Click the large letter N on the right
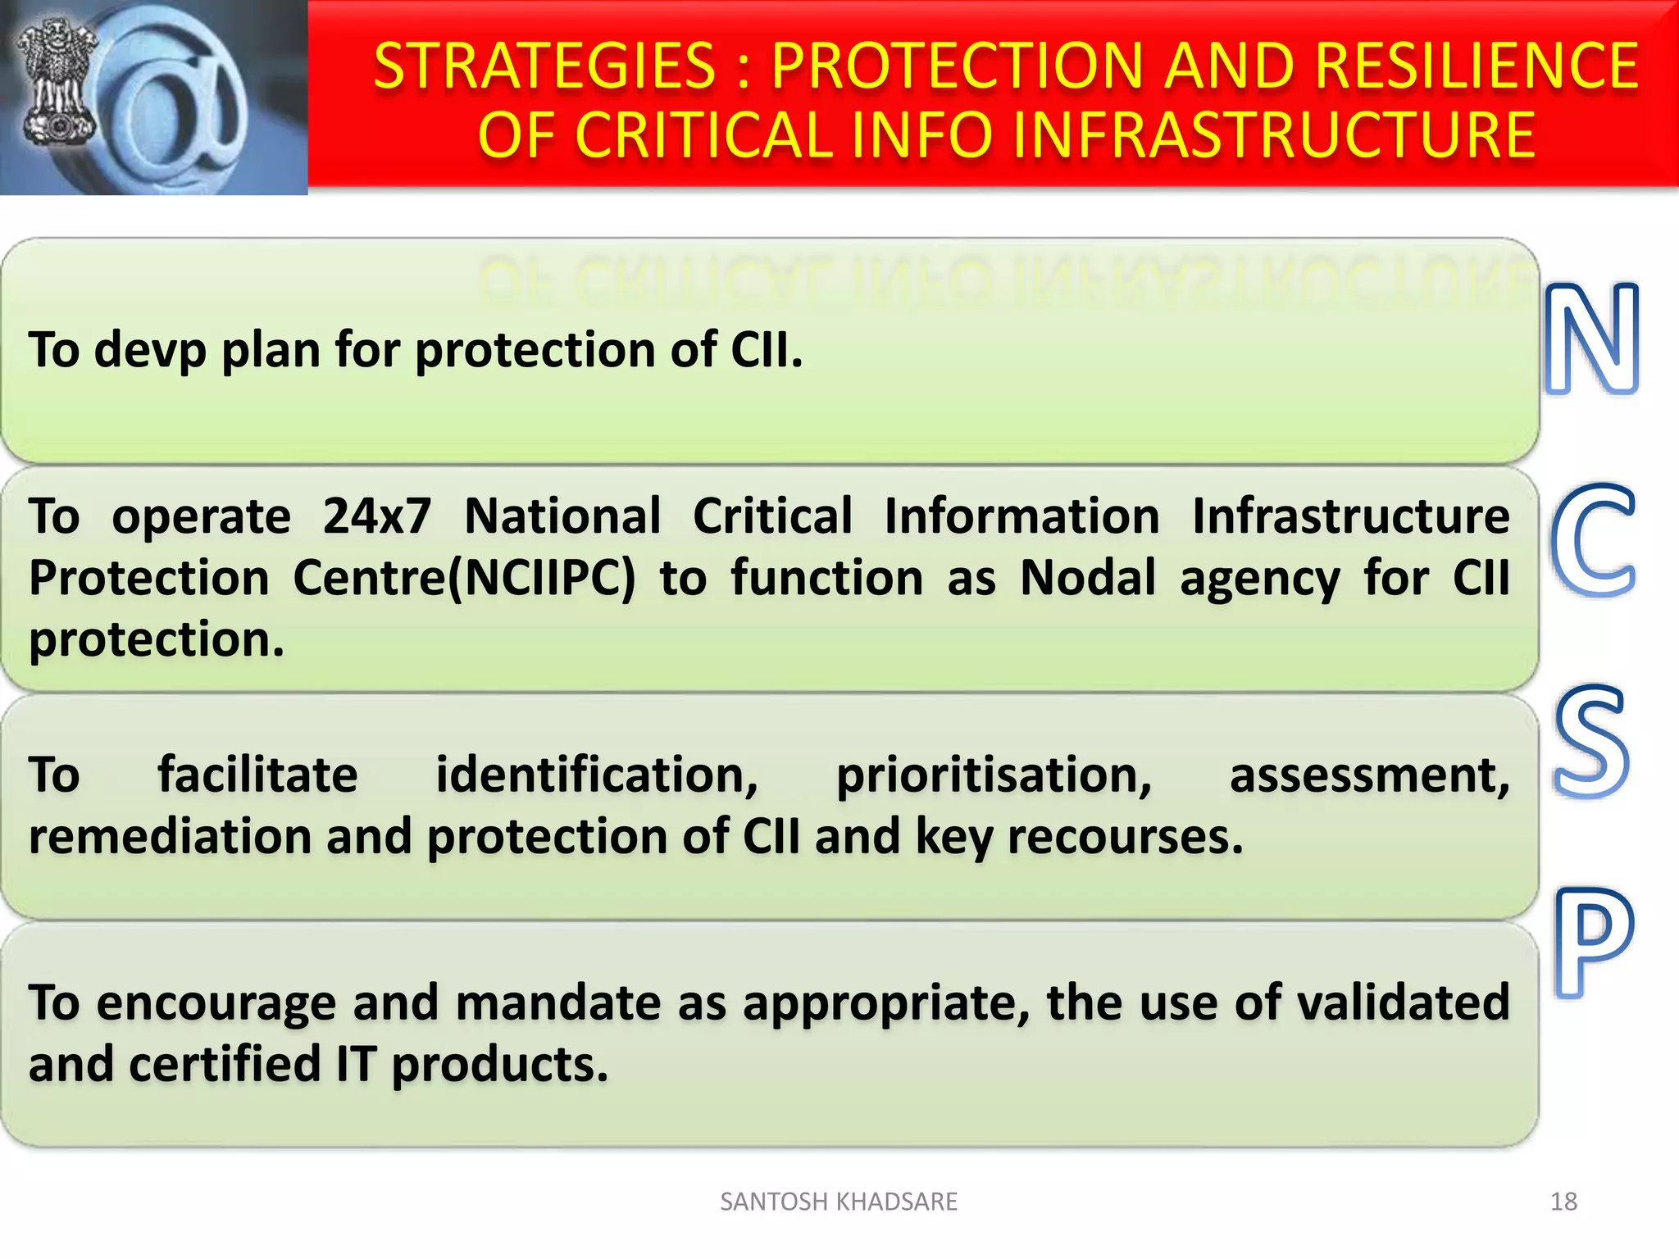tap(1591, 339)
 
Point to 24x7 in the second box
tap(376, 516)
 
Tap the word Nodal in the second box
tap(1087, 578)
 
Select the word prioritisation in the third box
tap(994, 775)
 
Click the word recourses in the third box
tap(1125, 837)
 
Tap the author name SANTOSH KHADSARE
tap(838, 1202)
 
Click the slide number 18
tap(1563, 1202)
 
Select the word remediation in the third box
tap(169, 837)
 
